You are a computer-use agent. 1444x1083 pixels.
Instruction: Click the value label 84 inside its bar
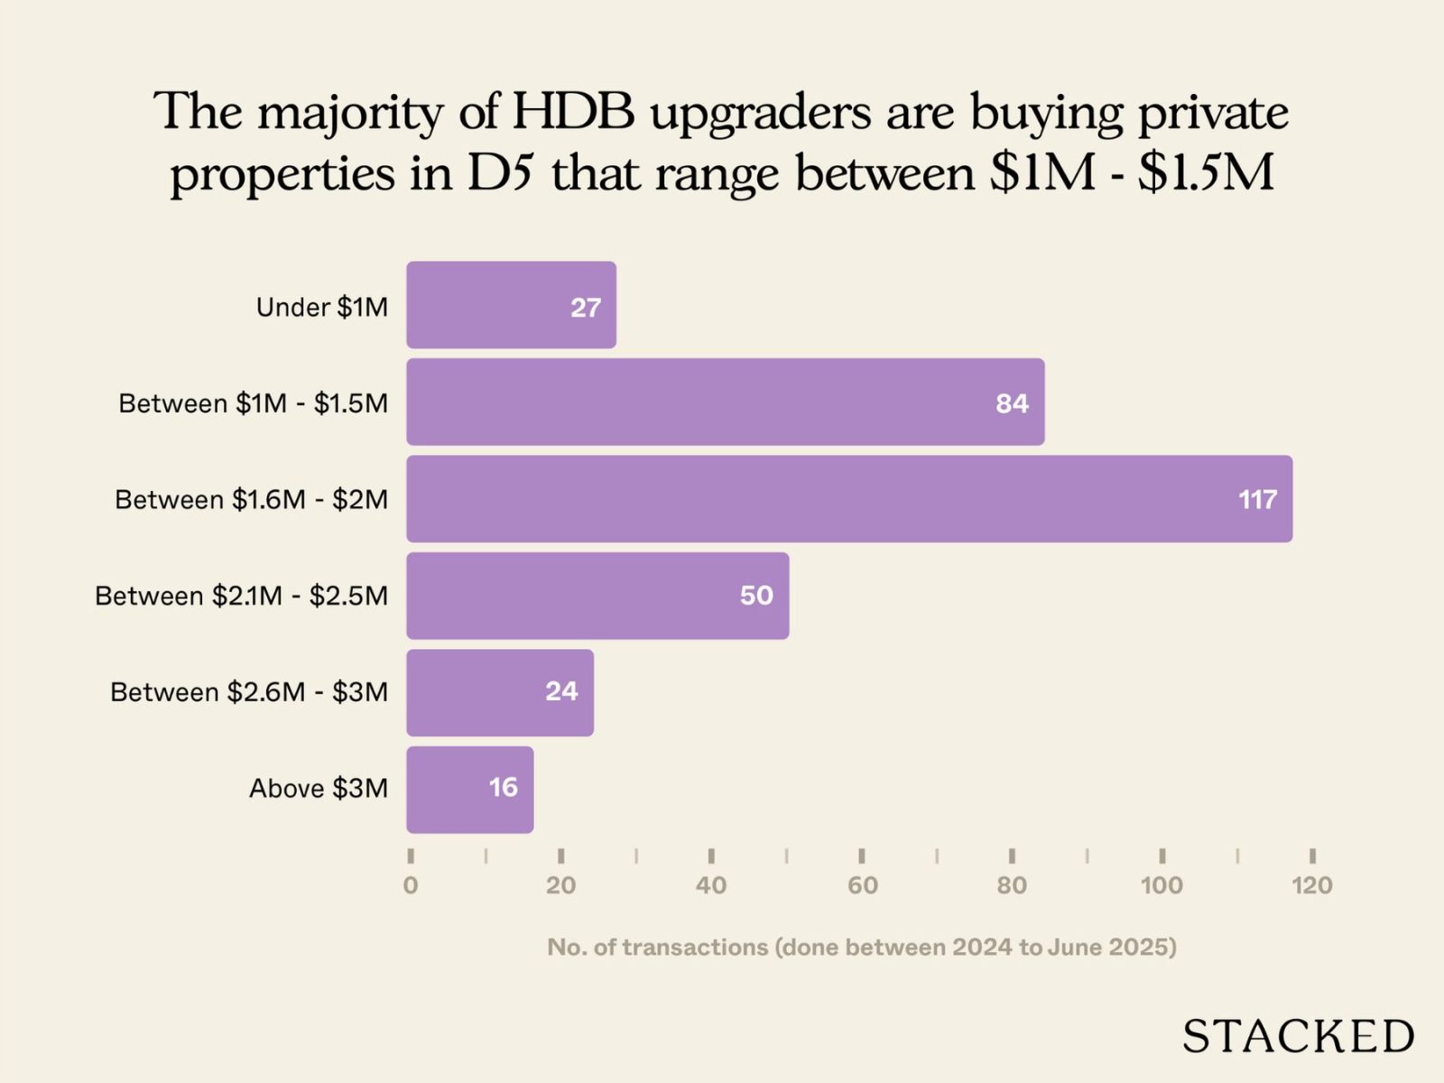[1012, 403]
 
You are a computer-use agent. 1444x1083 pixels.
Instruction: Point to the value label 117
[1257, 499]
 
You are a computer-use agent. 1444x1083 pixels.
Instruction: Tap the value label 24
[560, 691]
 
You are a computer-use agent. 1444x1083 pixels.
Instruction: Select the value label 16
[503, 788]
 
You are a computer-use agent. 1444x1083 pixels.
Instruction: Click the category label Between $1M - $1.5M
[254, 403]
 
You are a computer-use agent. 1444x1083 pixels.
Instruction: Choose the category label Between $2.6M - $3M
[249, 692]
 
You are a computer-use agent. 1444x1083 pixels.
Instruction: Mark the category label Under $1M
[322, 308]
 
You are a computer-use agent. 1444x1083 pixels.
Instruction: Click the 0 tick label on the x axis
[411, 885]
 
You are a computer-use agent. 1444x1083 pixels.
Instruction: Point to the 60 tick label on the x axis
[862, 885]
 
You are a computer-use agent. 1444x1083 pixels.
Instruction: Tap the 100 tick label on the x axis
[1162, 885]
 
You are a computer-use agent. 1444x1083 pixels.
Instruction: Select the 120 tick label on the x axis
[1311, 885]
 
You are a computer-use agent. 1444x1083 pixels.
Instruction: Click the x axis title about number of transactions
[862, 947]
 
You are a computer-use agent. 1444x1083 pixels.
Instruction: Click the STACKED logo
[1298, 1036]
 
